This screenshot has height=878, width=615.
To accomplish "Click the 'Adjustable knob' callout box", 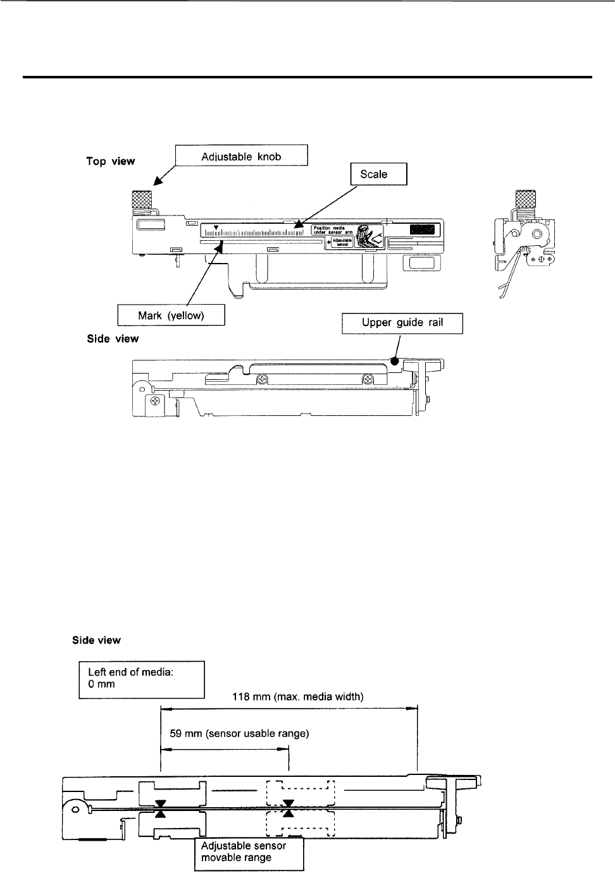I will point(241,155).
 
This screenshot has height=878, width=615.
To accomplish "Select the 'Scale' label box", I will point(378,174).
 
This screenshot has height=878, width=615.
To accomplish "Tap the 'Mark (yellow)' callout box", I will point(171,315).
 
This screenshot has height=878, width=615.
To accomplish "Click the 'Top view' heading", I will point(110,161).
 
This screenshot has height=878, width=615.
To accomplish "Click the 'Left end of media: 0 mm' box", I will point(142,679).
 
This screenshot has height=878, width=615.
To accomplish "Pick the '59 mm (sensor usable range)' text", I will point(239,734).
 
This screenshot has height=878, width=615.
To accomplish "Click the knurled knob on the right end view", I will point(525,200).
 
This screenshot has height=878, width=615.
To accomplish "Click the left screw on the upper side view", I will point(261,380).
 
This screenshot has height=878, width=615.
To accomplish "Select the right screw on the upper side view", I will point(367,380).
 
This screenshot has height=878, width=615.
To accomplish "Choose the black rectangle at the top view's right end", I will point(422,229).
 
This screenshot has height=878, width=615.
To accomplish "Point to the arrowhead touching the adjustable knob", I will point(154,183).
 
